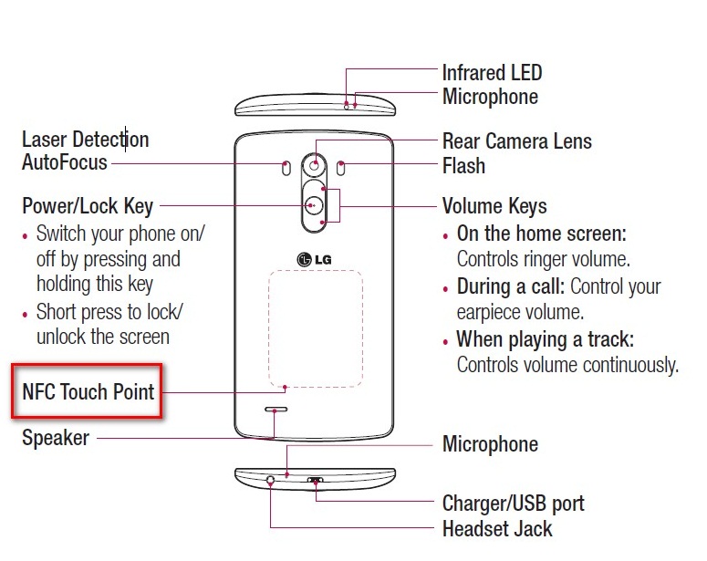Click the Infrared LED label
coord(492,72)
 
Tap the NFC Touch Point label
coord(88,392)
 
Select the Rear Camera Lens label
coord(516,141)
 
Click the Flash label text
coord(463,166)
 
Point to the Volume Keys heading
coord(494,206)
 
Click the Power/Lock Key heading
coord(88,205)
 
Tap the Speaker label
coord(56,438)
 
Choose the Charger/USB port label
coord(513,504)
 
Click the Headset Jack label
coord(497,528)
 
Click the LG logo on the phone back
coord(316,258)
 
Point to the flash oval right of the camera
coord(341,168)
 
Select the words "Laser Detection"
coord(85,140)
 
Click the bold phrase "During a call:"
coord(510,286)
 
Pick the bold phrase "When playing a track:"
coord(546,339)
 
